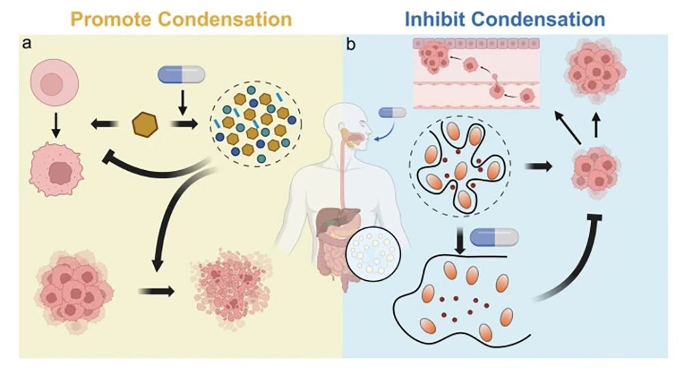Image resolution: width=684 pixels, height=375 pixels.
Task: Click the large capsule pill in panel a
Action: click(x=181, y=74)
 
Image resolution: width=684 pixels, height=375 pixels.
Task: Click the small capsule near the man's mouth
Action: click(x=393, y=112)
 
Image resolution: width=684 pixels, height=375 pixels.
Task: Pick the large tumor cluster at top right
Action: click(x=596, y=69)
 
